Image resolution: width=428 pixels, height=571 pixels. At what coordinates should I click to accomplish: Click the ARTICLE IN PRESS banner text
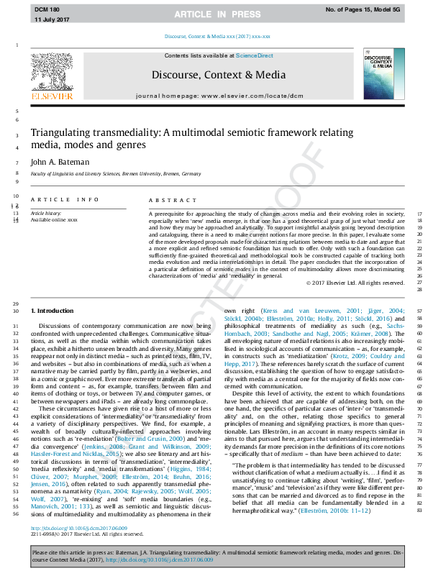(213, 14)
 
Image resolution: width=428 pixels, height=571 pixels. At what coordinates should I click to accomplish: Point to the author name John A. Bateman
(60, 163)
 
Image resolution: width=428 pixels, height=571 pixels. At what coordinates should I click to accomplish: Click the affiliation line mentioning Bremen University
(115, 174)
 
